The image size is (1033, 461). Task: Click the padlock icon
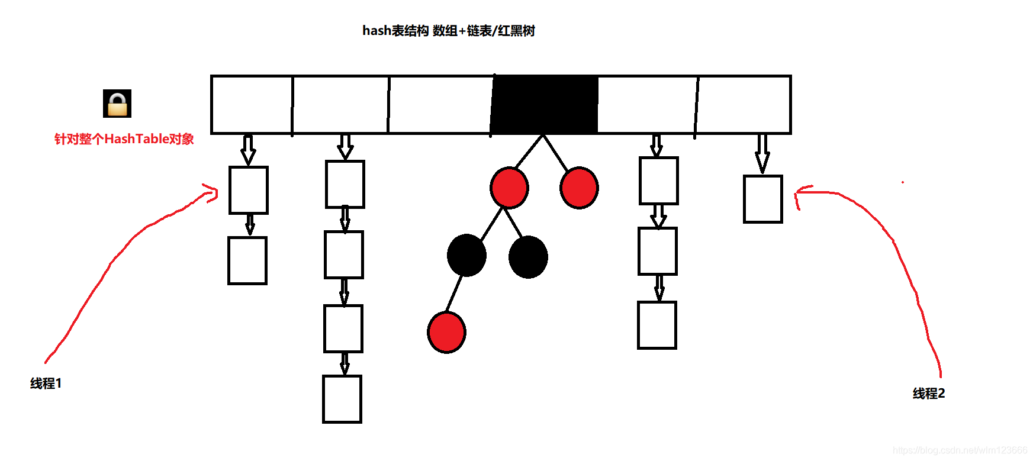pyautogui.click(x=117, y=104)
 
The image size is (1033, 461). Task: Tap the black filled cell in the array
pyautogui.click(x=545, y=105)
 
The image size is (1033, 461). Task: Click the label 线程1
pyautogui.click(x=46, y=383)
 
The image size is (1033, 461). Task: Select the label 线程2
pyautogui.click(x=928, y=394)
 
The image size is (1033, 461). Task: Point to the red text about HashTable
pyautogui.click(x=124, y=139)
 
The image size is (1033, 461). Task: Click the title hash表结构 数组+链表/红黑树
pyautogui.click(x=448, y=31)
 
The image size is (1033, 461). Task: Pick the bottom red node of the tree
pyautogui.click(x=446, y=333)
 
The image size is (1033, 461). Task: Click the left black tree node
pyautogui.click(x=466, y=256)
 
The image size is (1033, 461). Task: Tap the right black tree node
pyautogui.click(x=528, y=257)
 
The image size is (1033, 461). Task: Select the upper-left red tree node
pyautogui.click(x=509, y=188)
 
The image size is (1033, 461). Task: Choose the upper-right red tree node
pyautogui.click(x=579, y=188)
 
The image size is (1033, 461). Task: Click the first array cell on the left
pyautogui.click(x=252, y=105)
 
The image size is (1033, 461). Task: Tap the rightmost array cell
pyautogui.click(x=743, y=105)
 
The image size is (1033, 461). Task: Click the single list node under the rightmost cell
pyautogui.click(x=763, y=199)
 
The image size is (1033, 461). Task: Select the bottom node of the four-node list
pyautogui.click(x=342, y=399)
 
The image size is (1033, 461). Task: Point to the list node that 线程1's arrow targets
pyautogui.click(x=249, y=190)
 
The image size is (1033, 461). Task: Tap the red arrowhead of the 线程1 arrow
pyautogui.click(x=212, y=193)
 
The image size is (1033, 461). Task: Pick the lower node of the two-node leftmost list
pyautogui.click(x=247, y=260)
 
